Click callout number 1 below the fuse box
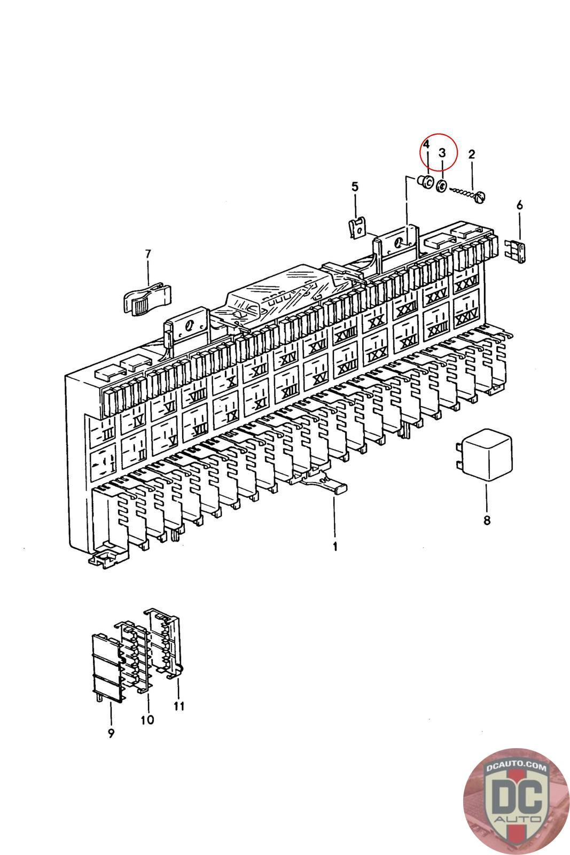(x=335, y=547)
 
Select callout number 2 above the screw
(x=471, y=155)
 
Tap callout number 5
(x=355, y=186)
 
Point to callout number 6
(x=519, y=205)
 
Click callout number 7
(x=148, y=253)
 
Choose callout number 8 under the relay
(x=487, y=519)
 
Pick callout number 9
(x=111, y=733)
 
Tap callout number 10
(x=147, y=719)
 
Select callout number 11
(x=179, y=706)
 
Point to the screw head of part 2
(x=483, y=197)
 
